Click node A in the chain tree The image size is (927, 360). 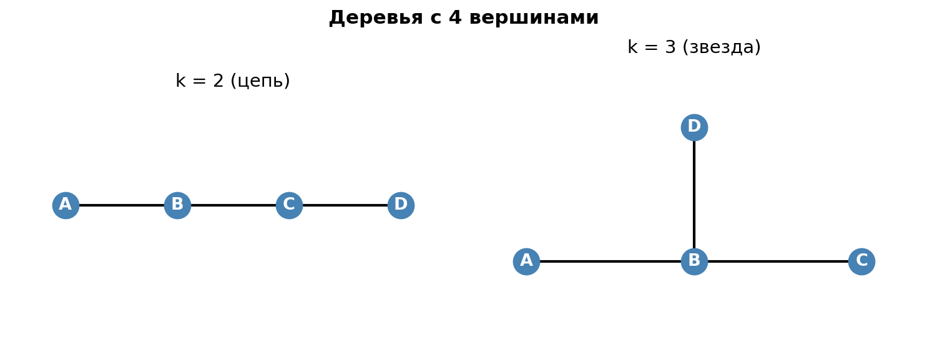[66, 205]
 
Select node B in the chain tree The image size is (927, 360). [177, 205]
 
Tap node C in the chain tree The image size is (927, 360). [289, 205]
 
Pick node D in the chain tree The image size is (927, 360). [401, 205]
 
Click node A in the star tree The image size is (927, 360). [526, 261]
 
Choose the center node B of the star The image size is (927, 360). [694, 261]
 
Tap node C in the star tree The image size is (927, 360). [861, 261]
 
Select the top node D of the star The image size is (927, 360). [694, 127]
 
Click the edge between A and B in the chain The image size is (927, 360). [122, 205]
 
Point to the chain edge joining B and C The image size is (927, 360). [233, 205]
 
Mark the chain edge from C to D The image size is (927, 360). [345, 205]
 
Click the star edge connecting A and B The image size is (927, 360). [611, 261]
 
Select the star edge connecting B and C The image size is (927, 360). [778, 261]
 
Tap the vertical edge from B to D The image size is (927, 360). [694, 195]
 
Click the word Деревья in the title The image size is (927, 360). [376, 18]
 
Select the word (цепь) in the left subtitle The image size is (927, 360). [260, 82]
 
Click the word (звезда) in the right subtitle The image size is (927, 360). [722, 48]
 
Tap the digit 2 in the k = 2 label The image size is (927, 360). [218, 82]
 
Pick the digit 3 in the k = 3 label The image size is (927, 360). [670, 48]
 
